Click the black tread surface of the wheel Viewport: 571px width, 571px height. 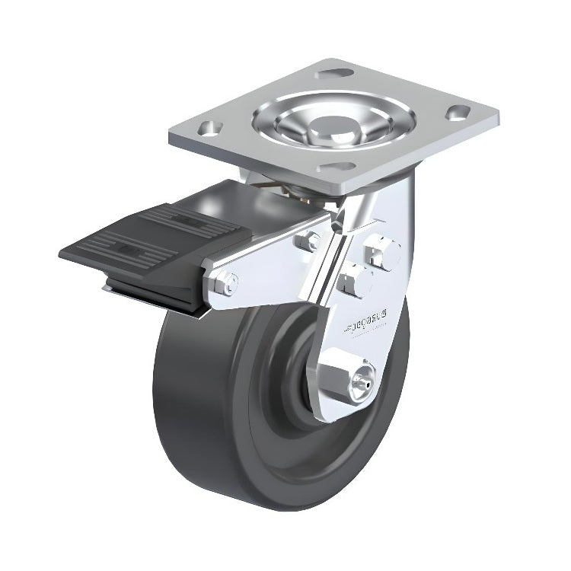(190, 396)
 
